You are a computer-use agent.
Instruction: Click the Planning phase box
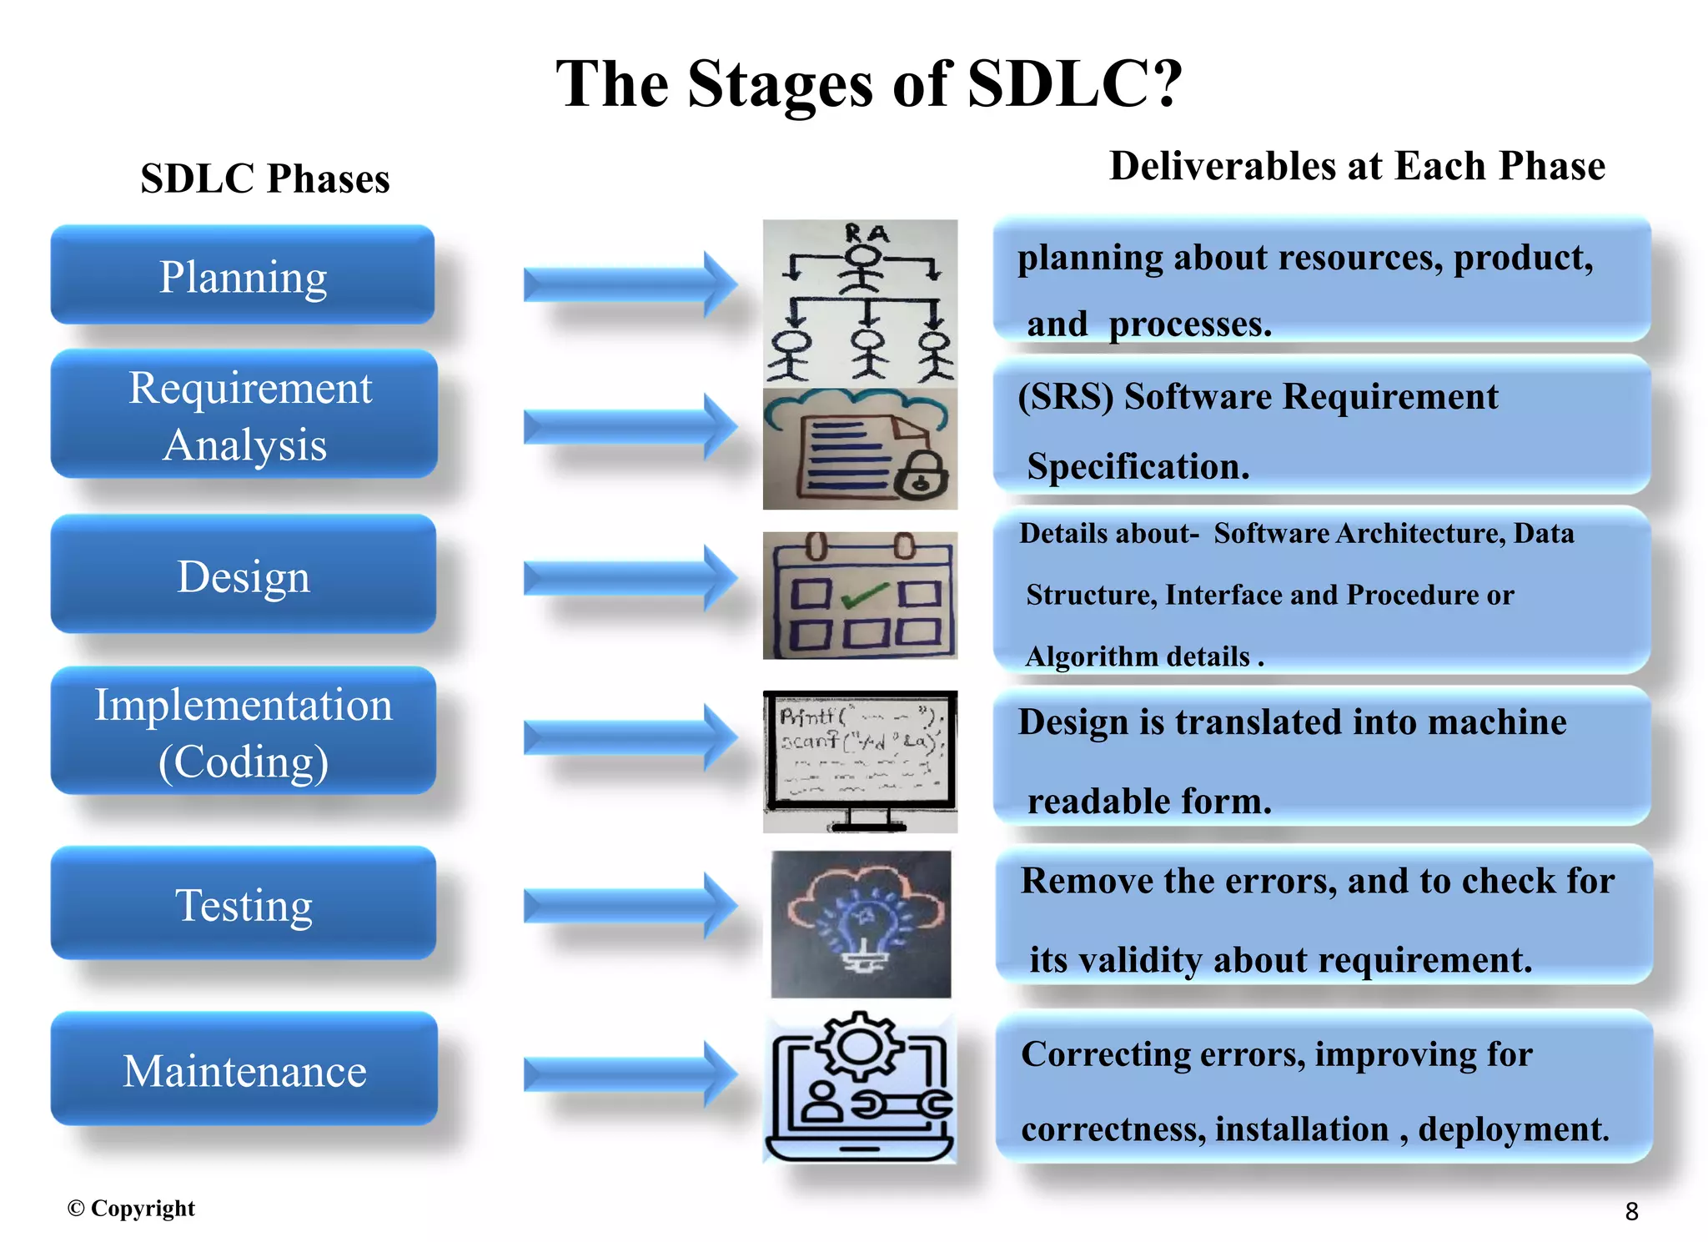(x=242, y=275)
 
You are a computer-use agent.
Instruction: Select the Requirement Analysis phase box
(x=244, y=415)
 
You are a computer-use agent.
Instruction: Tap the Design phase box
(x=243, y=575)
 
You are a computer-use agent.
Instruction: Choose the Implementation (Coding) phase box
(x=243, y=732)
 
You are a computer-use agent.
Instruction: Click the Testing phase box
(x=243, y=904)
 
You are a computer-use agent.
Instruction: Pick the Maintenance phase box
(x=244, y=1070)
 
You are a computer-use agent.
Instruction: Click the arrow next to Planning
(x=630, y=284)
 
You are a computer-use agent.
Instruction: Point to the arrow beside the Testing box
(x=630, y=905)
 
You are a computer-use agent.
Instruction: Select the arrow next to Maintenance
(x=630, y=1074)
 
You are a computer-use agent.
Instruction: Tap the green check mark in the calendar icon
(x=865, y=596)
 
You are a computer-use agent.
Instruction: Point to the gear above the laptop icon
(x=860, y=1046)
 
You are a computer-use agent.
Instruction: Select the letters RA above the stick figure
(x=867, y=234)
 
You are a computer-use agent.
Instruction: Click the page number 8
(x=1631, y=1211)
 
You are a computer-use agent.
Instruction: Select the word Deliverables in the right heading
(x=1221, y=167)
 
